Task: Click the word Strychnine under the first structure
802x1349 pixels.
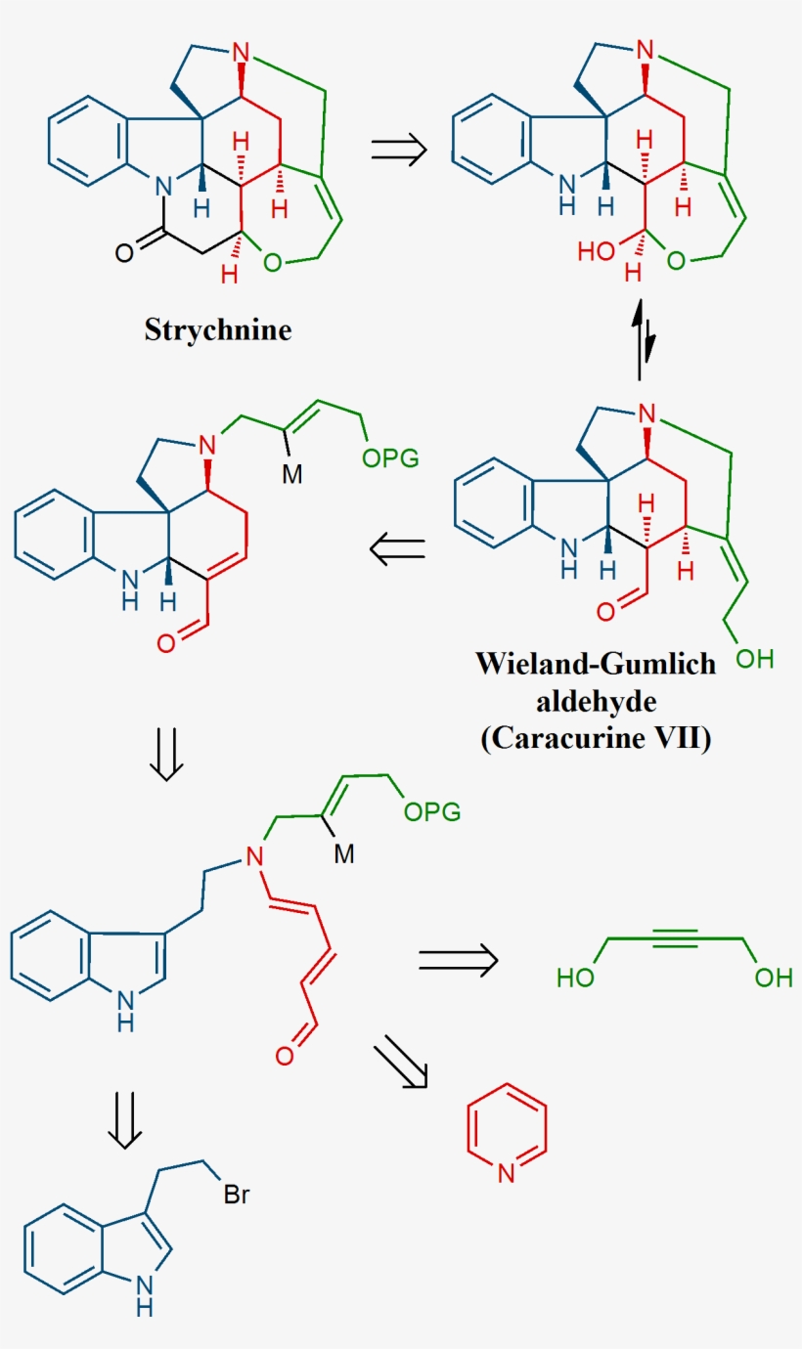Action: (218, 329)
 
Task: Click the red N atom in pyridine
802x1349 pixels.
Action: (506, 1173)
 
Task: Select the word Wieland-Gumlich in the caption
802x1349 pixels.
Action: (596, 664)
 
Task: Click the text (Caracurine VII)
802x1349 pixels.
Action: (596, 738)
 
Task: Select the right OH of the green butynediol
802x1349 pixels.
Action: (773, 977)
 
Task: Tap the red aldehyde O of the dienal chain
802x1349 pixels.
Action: (285, 1055)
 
